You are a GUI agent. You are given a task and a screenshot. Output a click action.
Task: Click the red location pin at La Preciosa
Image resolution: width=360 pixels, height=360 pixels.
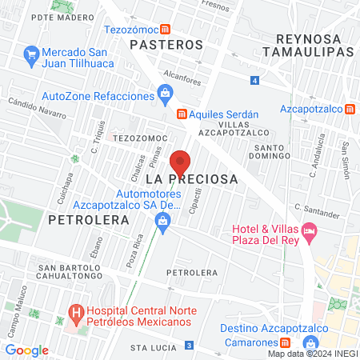[181, 162]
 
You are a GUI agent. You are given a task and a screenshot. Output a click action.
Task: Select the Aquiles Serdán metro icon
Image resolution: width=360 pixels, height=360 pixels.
[182, 113]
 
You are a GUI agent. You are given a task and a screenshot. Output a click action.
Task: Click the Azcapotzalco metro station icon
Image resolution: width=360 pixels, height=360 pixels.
[352, 109]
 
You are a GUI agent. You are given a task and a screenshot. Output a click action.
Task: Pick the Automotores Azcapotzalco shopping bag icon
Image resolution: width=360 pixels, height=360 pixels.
[163, 227]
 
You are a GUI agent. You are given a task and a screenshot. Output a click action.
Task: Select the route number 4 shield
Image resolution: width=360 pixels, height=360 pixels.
[254, 81]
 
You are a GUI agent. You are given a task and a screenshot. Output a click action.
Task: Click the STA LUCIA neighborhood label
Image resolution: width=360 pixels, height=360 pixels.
[152, 348]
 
